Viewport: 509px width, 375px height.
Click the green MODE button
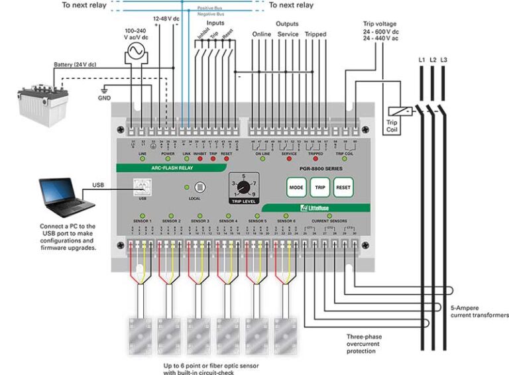click(x=296, y=187)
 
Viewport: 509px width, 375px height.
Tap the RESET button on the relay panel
click(x=343, y=187)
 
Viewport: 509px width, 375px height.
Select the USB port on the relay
click(x=141, y=187)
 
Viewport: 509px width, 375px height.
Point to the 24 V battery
click(x=42, y=100)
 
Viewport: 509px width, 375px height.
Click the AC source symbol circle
click(x=138, y=52)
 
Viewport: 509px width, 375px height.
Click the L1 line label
click(x=422, y=60)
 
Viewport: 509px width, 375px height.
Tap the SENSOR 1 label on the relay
click(x=142, y=220)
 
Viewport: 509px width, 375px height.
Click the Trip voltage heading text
click(x=381, y=23)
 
